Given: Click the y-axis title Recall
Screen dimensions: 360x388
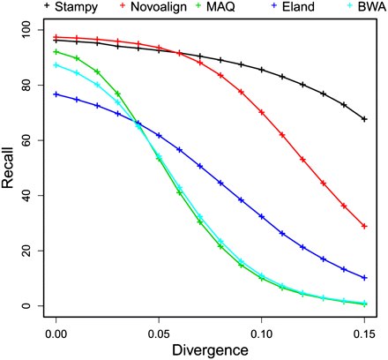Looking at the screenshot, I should point(11,168).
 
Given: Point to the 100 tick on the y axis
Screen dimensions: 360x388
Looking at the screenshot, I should point(35,30).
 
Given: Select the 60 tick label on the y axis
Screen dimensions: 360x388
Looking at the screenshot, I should point(35,140).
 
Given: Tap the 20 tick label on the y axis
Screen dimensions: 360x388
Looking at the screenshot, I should point(35,251).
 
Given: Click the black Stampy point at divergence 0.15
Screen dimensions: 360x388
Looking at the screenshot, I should point(364,119).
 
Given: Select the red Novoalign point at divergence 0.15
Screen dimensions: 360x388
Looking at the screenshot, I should point(364,226).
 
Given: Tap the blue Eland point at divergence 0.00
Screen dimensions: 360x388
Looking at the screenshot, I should point(56,94).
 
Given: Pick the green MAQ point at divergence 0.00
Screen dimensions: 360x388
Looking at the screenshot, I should point(56,52).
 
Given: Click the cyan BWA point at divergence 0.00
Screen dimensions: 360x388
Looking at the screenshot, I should point(56,65).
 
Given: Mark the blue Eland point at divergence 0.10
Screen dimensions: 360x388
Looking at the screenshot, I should point(262,216).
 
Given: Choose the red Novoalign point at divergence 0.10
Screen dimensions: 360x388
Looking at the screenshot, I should point(262,112).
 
